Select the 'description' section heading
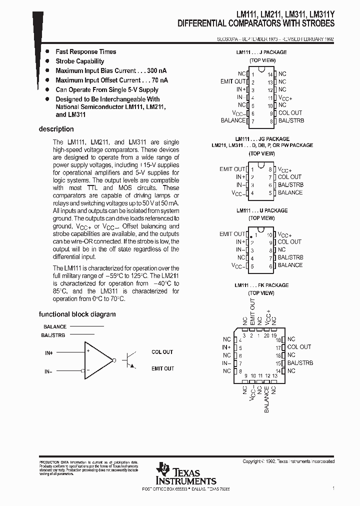click(56, 129)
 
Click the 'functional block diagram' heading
click(77, 314)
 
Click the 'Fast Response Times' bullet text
click(85, 51)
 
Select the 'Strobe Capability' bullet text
click(80, 61)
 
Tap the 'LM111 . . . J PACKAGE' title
click(261, 52)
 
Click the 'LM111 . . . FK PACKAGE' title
click(261, 285)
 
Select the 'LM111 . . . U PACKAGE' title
click(261, 210)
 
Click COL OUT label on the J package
click(290, 113)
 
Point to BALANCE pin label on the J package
click(233, 120)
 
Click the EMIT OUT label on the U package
click(232, 234)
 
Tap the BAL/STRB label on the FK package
click(300, 362)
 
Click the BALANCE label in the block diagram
click(55, 326)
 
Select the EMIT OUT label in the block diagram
click(162, 368)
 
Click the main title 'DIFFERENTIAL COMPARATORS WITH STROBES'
click(256, 23)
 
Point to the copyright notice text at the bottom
click(288, 461)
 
